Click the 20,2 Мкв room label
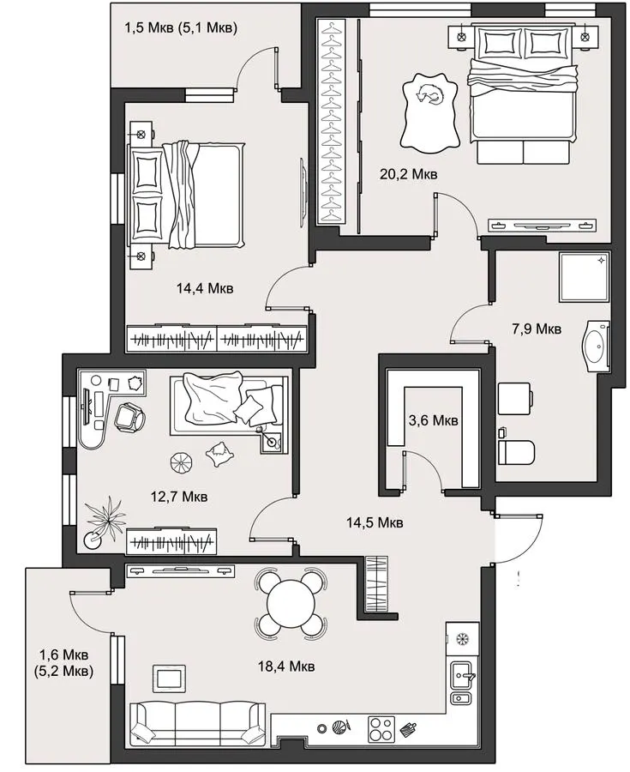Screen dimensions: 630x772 point(408,174)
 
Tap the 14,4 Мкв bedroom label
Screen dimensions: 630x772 point(205,287)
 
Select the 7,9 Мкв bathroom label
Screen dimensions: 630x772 point(537,329)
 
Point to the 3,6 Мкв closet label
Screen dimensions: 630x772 point(433,420)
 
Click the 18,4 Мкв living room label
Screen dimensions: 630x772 point(286,666)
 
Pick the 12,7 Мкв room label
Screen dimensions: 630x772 point(179,497)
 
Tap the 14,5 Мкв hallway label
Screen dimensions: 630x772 point(375,522)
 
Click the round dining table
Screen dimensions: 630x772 point(291,602)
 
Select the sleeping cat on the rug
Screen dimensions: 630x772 point(429,93)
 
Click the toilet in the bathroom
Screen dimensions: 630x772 point(516,452)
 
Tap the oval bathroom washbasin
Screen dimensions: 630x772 point(596,347)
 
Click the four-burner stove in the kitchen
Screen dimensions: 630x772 point(381,729)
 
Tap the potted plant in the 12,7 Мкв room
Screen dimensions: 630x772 point(105,522)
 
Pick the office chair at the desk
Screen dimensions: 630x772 point(129,417)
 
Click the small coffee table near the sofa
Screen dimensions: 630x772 point(170,678)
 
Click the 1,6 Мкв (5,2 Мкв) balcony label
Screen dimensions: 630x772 point(64,663)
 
